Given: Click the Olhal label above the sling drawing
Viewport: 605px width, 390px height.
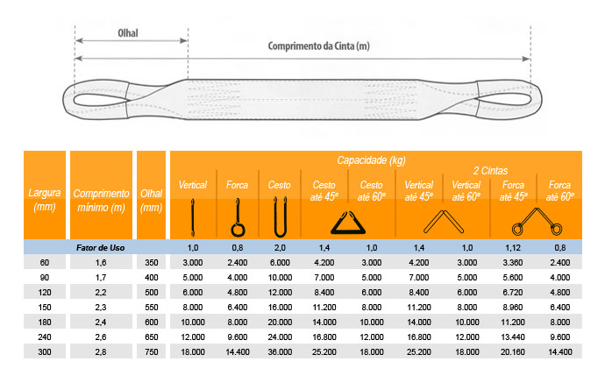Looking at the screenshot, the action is tap(128, 33).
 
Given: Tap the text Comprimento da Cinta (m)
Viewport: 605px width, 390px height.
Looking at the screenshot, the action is tap(318, 46).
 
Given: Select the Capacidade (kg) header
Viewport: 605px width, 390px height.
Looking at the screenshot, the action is tap(371, 160).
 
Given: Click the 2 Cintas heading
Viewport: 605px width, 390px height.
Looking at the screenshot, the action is tap(490, 171).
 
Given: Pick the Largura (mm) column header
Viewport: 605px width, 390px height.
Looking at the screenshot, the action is tap(45, 200).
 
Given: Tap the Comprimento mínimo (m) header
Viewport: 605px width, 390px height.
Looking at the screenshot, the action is tap(101, 200).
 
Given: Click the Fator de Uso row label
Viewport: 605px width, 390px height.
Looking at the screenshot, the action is tap(100, 248).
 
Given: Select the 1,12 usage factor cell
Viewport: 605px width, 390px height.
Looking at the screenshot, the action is tap(513, 248).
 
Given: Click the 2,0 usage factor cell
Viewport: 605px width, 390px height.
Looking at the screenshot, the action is tap(280, 248).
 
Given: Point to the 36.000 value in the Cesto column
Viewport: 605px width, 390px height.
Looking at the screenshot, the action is tap(280, 351).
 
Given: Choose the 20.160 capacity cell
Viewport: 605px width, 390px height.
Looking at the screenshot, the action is tap(513, 351).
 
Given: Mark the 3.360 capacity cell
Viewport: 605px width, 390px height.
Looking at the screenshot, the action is tap(513, 262).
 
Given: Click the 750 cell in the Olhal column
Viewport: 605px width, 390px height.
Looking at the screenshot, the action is tap(151, 351).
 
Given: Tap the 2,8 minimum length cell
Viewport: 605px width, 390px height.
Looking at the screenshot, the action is tap(101, 351).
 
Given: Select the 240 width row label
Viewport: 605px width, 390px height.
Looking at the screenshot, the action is tap(45, 337).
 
